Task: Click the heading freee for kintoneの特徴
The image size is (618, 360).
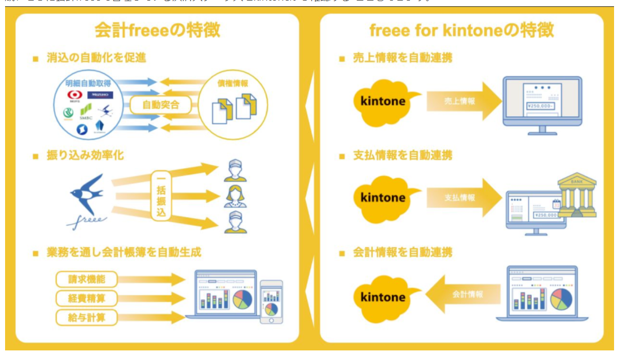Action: (x=461, y=30)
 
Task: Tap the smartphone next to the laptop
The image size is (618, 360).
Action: (x=271, y=301)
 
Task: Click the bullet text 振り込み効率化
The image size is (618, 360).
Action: (x=85, y=155)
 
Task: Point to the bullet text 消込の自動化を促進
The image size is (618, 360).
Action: (x=96, y=58)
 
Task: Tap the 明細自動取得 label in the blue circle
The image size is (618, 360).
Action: (x=89, y=82)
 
